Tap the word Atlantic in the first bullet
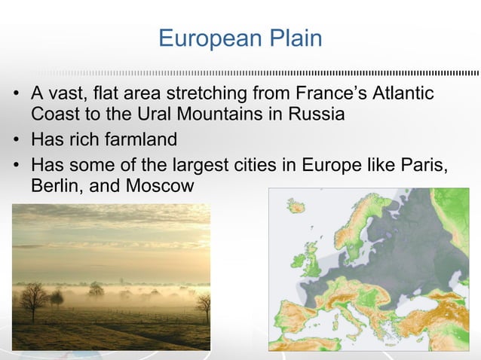click(x=403, y=95)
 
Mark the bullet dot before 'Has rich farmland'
click(x=15, y=141)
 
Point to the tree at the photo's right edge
click(x=204, y=305)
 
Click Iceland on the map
click(x=295, y=205)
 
